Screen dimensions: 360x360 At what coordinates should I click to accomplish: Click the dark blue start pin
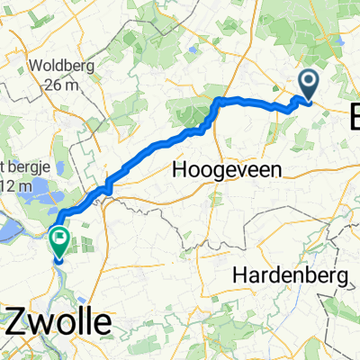[x=308, y=86]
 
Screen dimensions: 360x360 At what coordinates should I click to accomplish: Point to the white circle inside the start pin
[x=308, y=83]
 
